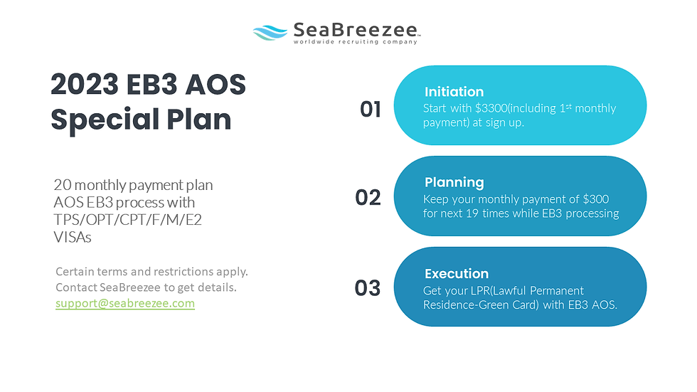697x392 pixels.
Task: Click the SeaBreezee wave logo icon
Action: click(x=270, y=33)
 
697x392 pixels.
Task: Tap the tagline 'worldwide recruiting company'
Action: click(x=355, y=42)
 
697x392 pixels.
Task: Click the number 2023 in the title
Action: click(x=85, y=84)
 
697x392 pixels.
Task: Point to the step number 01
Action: click(x=371, y=110)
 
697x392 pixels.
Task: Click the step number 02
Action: click(x=368, y=198)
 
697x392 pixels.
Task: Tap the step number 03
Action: click(x=368, y=288)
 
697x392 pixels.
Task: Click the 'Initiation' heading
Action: click(x=454, y=92)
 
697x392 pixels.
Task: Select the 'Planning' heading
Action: click(x=454, y=182)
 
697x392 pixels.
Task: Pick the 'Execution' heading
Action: click(x=457, y=273)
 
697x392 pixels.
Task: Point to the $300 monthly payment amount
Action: click(x=596, y=198)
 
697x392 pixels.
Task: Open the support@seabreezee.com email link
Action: click(x=125, y=303)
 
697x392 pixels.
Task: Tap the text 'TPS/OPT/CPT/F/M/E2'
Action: click(x=127, y=220)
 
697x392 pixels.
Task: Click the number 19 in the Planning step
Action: click(x=472, y=213)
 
